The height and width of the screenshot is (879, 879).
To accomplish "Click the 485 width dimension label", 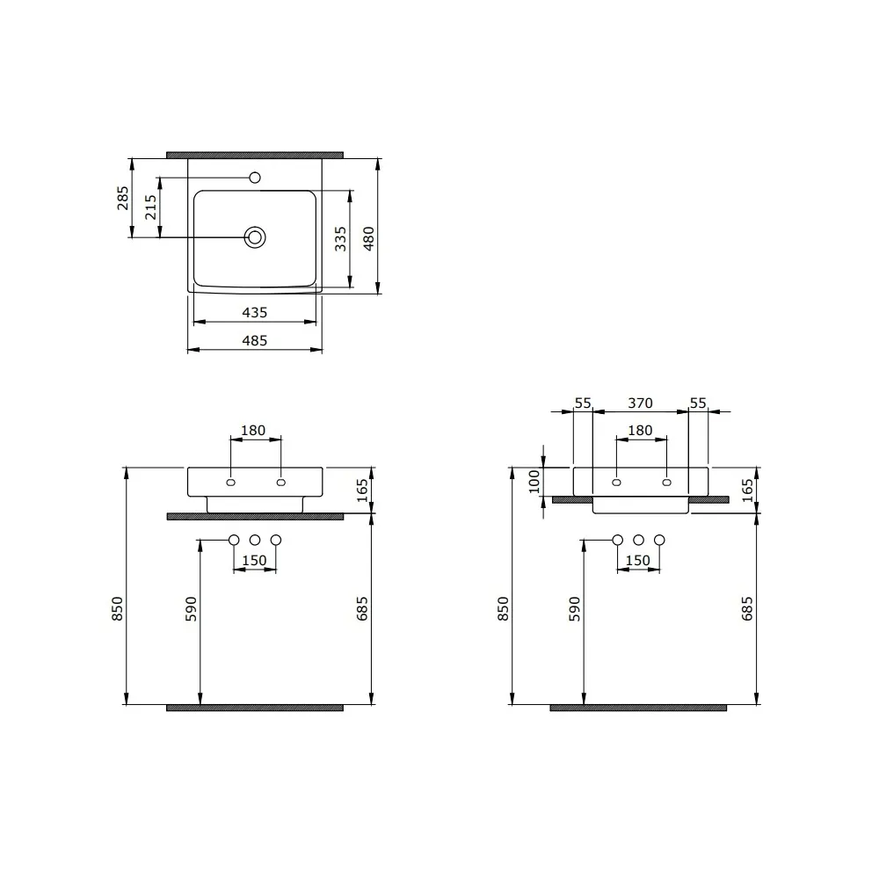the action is coord(255,341).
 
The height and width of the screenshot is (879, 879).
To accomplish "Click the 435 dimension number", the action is coord(255,313).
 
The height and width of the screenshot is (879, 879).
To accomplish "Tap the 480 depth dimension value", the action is coord(368,239).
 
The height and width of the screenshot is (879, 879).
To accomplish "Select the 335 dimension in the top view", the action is coord(340,239).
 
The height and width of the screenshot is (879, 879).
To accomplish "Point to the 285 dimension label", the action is coord(122,198).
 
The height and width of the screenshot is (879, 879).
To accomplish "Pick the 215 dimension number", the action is coord(150,207).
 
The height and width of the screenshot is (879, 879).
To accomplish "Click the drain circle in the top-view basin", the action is coord(255,237).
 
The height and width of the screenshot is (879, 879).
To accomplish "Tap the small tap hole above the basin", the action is coord(255,178).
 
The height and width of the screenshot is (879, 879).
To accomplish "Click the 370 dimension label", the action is coord(640,403).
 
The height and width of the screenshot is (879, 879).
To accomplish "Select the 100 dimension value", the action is coord(534,482).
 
